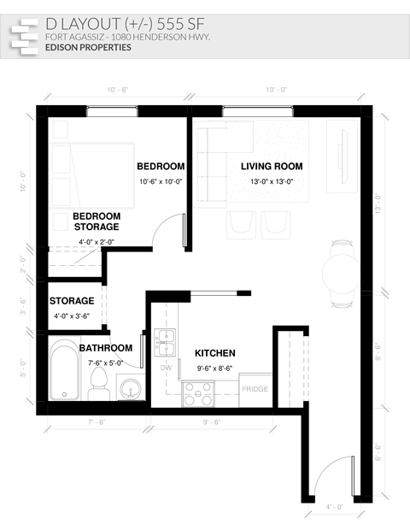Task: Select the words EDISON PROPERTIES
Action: click(x=90, y=49)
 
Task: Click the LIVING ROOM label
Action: click(x=272, y=166)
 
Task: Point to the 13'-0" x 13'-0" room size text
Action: click(x=272, y=182)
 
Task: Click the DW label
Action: click(x=167, y=369)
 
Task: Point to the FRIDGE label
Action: click(x=255, y=389)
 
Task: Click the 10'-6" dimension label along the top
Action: click(x=117, y=90)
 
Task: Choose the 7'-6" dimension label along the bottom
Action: click(x=96, y=422)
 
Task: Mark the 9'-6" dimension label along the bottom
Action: click(x=211, y=422)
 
